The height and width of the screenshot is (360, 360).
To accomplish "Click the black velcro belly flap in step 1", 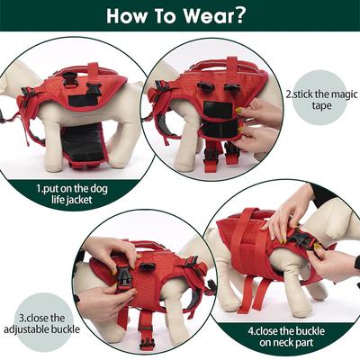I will [86, 144].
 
